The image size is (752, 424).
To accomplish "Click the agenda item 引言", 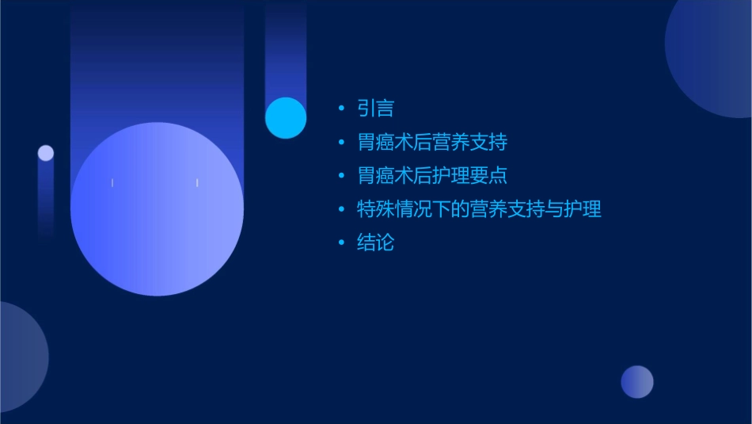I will pyautogui.click(x=375, y=109).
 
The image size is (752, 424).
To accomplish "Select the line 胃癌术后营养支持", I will pyautogui.click(x=431, y=143).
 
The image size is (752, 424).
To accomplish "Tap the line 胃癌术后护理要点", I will pyautogui.click(x=431, y=176).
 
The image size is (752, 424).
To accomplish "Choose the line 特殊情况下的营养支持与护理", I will pyautogui.click(x=479, y=209).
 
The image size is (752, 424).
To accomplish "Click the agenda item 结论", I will pyautogui.click(x=375, y=243).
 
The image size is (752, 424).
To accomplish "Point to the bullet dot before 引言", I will pyautogui.click(x=341, y=109).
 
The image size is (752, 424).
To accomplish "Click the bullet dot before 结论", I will pyautogui.click(x=341, y=243).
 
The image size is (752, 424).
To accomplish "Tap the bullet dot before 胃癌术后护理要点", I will pyautogui.click(x=341, y=176).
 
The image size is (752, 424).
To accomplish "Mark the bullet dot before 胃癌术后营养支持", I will pyautogui.click(x=341, y=143).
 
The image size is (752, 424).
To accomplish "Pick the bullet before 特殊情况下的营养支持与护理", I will pyautogui.click(x=341, y=209).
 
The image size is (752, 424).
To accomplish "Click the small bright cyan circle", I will pyautogui.click(x=286, y=117).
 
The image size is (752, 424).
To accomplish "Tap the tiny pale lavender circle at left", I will pyautogui.click(x=46, y=153).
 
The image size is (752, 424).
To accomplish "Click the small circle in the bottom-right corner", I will pyautogui.click(x=637, y=382).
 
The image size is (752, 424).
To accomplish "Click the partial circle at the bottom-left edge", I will pyautogui.click(x=20, y=357).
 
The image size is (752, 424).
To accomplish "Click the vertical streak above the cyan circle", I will pyautogui.click(x=286, y=48).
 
